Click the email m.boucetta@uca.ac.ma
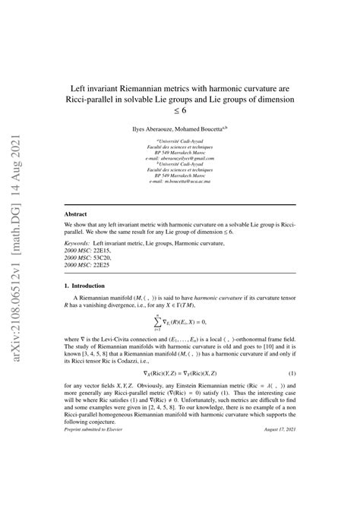pyautogui.click(x=180, y=182)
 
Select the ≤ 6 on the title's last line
pyautogui.click(x=179, y=110)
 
